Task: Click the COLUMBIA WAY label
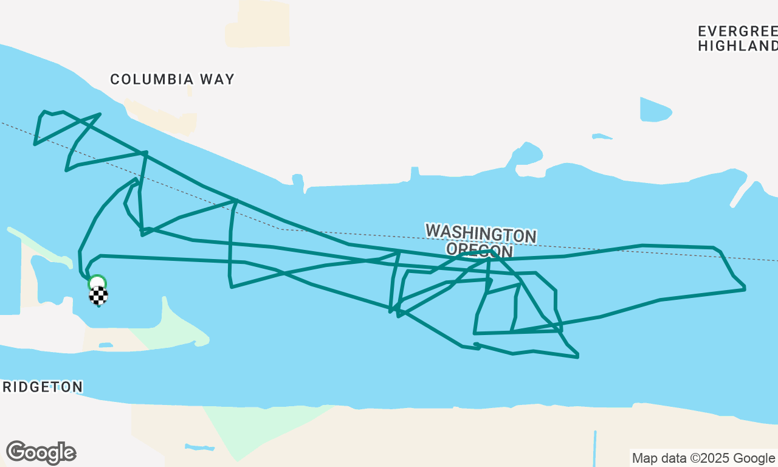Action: point(172,79)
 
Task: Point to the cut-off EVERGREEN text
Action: point(737,32)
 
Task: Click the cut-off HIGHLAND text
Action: point(737,46)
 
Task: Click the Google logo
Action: point(41,452)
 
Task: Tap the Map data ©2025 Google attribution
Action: point(703,458)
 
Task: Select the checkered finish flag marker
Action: point(98,296)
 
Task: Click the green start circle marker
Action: point(97,282)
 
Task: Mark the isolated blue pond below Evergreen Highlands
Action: point(655,111)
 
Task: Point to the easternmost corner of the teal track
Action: point(745,288)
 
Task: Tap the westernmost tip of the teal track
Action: point(35,144)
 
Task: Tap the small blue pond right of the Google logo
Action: point(199,448)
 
